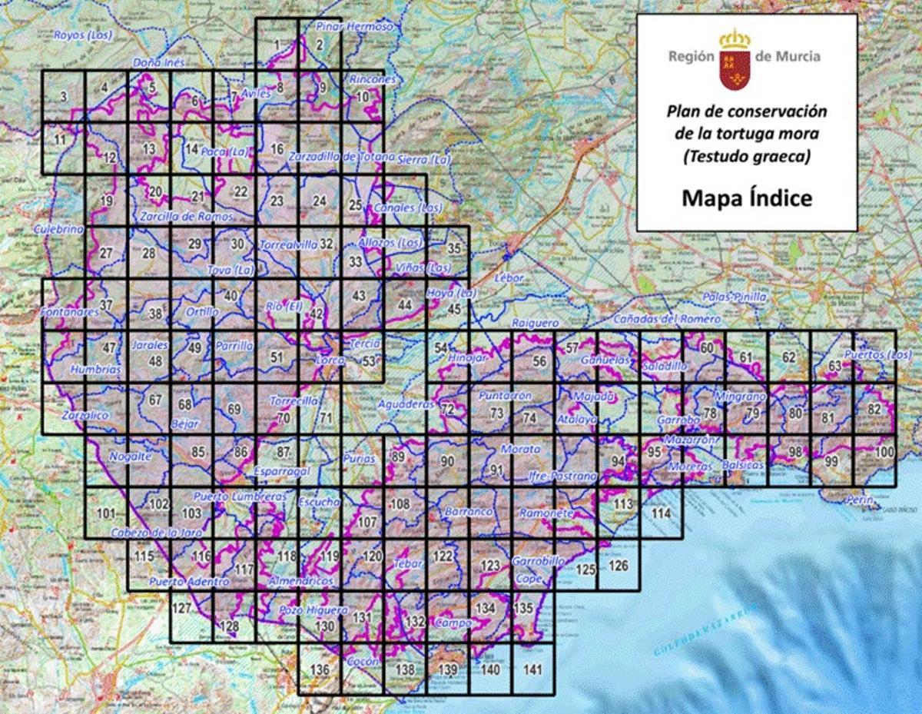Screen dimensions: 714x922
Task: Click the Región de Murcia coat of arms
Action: click(x=735, y=58)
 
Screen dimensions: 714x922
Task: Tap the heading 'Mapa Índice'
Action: click(x=746, y=198)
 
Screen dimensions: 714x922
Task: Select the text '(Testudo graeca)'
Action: click(x=746, y=156)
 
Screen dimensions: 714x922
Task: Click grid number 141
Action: click(x=532, y=669)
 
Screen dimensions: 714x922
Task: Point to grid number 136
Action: click(x=320, y=669)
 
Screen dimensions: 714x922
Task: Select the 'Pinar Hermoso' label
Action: click(x=354, y=26)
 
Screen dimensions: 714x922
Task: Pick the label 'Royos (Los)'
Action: click(x=83, y=35)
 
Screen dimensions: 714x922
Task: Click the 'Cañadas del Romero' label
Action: click(x=666, y=318)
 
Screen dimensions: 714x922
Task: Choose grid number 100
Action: click(x=884, y=452)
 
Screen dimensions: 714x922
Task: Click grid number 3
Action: click(x=63, y=96)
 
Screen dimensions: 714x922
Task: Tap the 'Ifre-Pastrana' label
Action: click(x=563, y=477)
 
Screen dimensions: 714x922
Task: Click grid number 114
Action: click(x=661, y=513)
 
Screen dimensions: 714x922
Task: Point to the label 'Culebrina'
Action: click(x=58, y=229)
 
